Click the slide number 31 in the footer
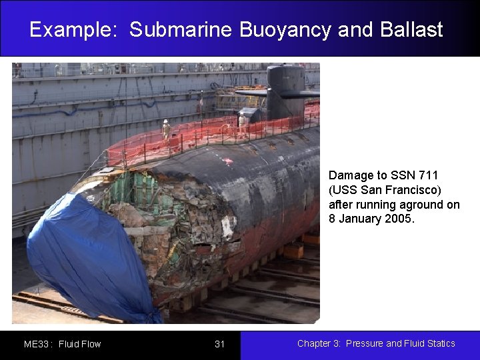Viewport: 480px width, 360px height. (220, 344)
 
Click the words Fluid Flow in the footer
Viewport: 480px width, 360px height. (80, 344)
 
